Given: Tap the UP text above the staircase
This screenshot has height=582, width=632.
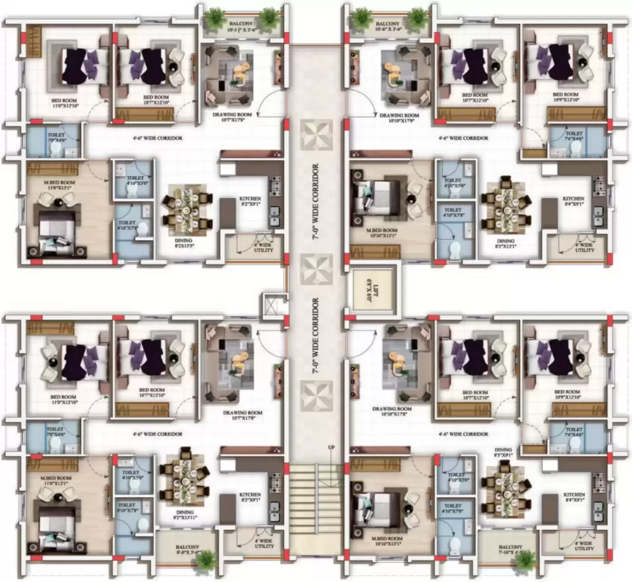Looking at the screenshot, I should tap(330, 446).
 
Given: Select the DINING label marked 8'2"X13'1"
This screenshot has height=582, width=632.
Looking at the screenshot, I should tap(505, 244).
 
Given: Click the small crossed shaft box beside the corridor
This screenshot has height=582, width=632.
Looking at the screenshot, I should tap(274, 304).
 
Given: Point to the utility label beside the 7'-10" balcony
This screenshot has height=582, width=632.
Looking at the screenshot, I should tap(584, 545).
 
